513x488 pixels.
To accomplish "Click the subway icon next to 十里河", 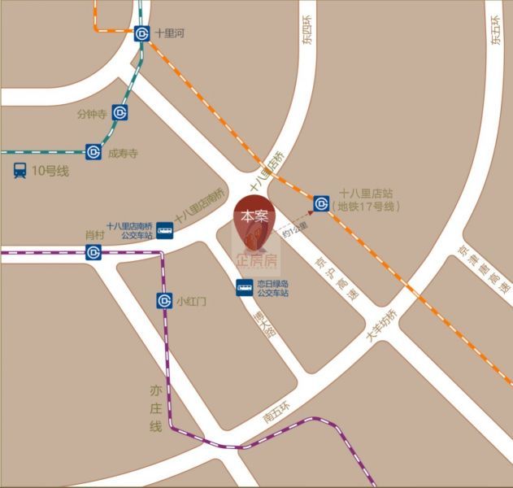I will point(142,33).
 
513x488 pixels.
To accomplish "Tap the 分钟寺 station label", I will point(92,114).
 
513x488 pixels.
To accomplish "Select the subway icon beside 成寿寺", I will point(93,151).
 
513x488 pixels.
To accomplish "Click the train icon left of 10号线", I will point(20,171).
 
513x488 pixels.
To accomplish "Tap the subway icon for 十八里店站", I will point(322,201).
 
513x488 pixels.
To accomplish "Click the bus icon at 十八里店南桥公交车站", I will point(165,231).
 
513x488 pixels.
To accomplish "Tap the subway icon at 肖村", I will point(93,252).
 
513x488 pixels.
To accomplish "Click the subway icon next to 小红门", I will point(164,301).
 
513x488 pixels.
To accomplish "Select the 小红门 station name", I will point(192,301).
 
